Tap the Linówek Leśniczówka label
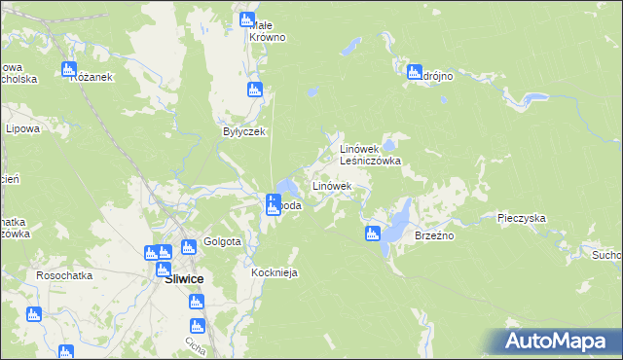369,155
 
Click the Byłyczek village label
244,131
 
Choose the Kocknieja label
274,273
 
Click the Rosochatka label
64,275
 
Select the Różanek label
93,77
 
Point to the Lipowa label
21,128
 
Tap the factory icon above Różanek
69,69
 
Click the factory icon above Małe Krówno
247,19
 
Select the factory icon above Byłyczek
255,90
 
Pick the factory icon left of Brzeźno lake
372,233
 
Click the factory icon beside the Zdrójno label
413,71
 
